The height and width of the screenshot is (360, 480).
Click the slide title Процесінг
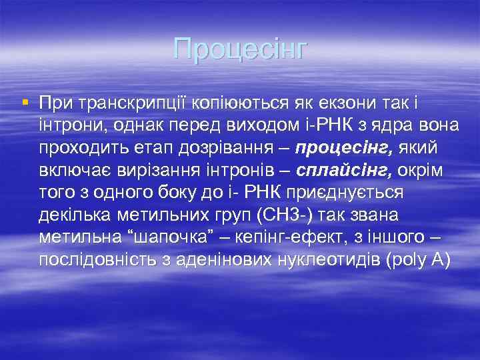(240, 49)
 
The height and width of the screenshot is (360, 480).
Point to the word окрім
(420, 170)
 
